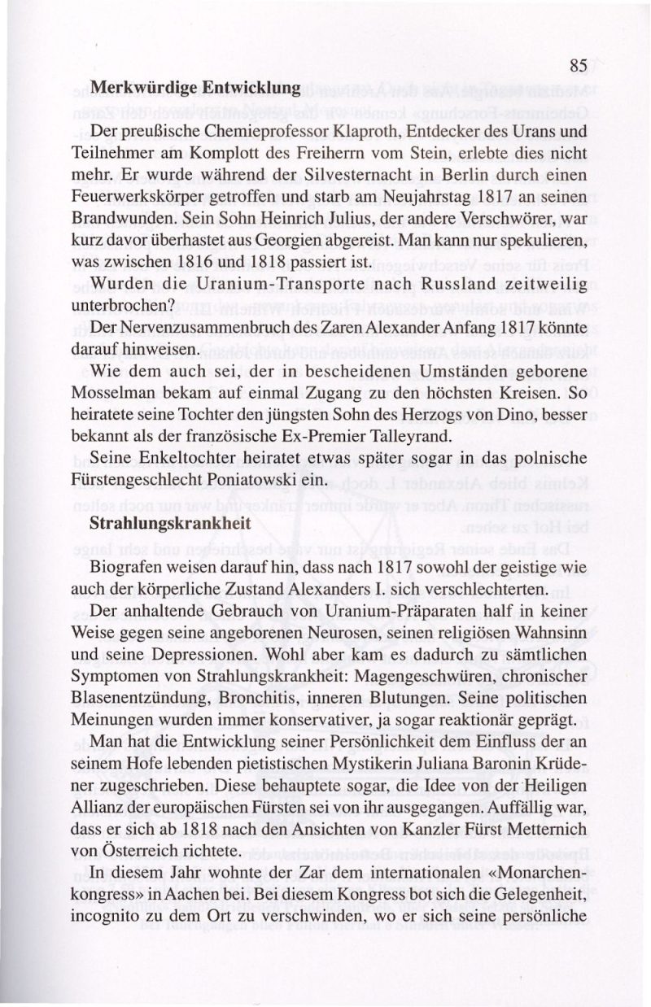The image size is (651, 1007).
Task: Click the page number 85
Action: (x=579, y=66)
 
